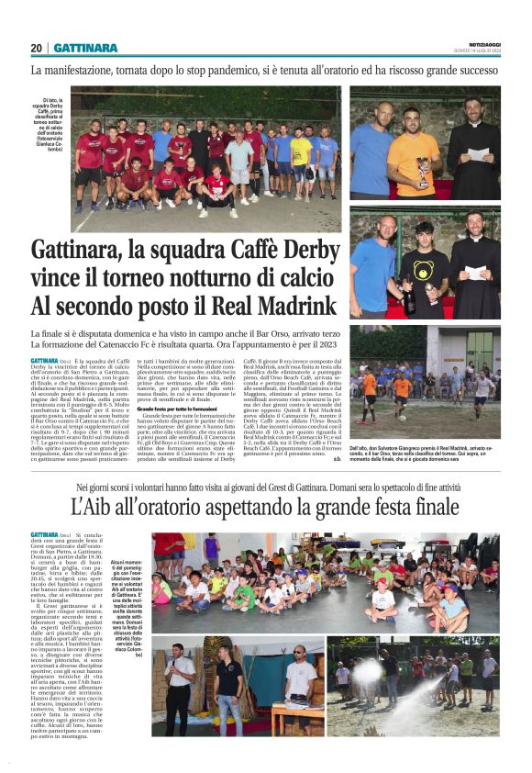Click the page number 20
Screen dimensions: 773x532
tap(37, 48)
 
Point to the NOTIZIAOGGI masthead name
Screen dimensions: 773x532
tap(481, 43)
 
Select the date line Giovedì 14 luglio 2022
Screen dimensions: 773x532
tap(477, 50)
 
